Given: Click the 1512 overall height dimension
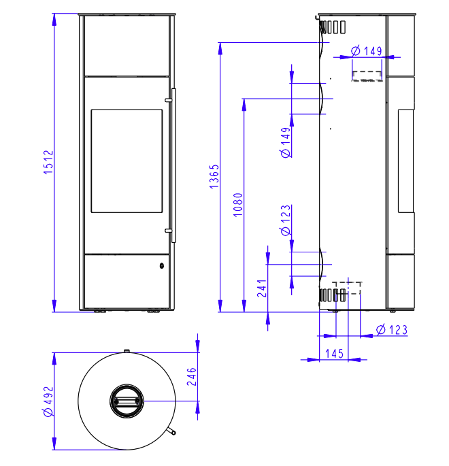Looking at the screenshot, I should click(48, 163).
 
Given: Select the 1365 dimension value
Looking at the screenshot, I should click(213, 176).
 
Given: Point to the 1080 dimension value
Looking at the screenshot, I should click(237, 204).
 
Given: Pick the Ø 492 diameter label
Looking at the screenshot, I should click(48, 401).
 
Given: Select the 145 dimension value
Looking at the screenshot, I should click(334, 353).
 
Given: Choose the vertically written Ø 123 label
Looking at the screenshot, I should click(286, 221).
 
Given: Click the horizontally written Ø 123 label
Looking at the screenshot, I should click(390, 330).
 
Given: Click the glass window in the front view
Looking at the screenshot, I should click(127, 161).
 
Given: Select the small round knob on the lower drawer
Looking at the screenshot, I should click(162, 265).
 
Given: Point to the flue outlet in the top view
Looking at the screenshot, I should click(127, 401).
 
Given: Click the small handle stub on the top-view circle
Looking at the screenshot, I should click(172, 432).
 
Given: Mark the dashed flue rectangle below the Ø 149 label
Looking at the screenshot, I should click(367, 75).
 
